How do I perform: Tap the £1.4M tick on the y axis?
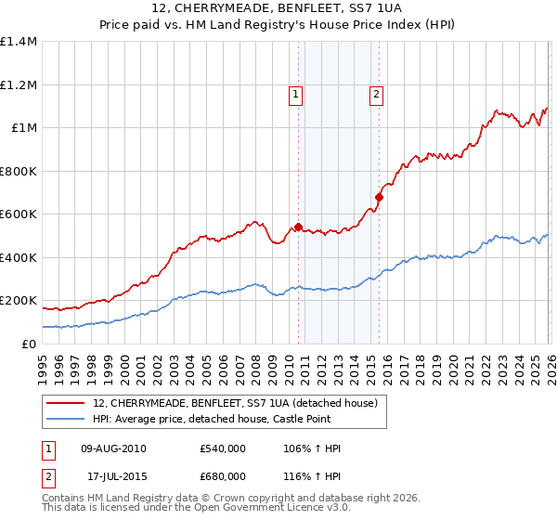click(x=19, y=42)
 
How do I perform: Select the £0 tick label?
click(x=30, y=344)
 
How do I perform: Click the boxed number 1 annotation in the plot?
click(x=295, y=93)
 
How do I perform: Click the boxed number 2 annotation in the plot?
click(x=376, y=93)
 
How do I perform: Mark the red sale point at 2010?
click(x=298, y=226)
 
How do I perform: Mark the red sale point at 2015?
click(x=379, y=197)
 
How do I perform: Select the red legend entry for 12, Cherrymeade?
click(x=234, y=404)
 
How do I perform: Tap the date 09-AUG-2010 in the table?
click(x=113, y=448)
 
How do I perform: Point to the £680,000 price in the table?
click(x=222, y=476)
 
